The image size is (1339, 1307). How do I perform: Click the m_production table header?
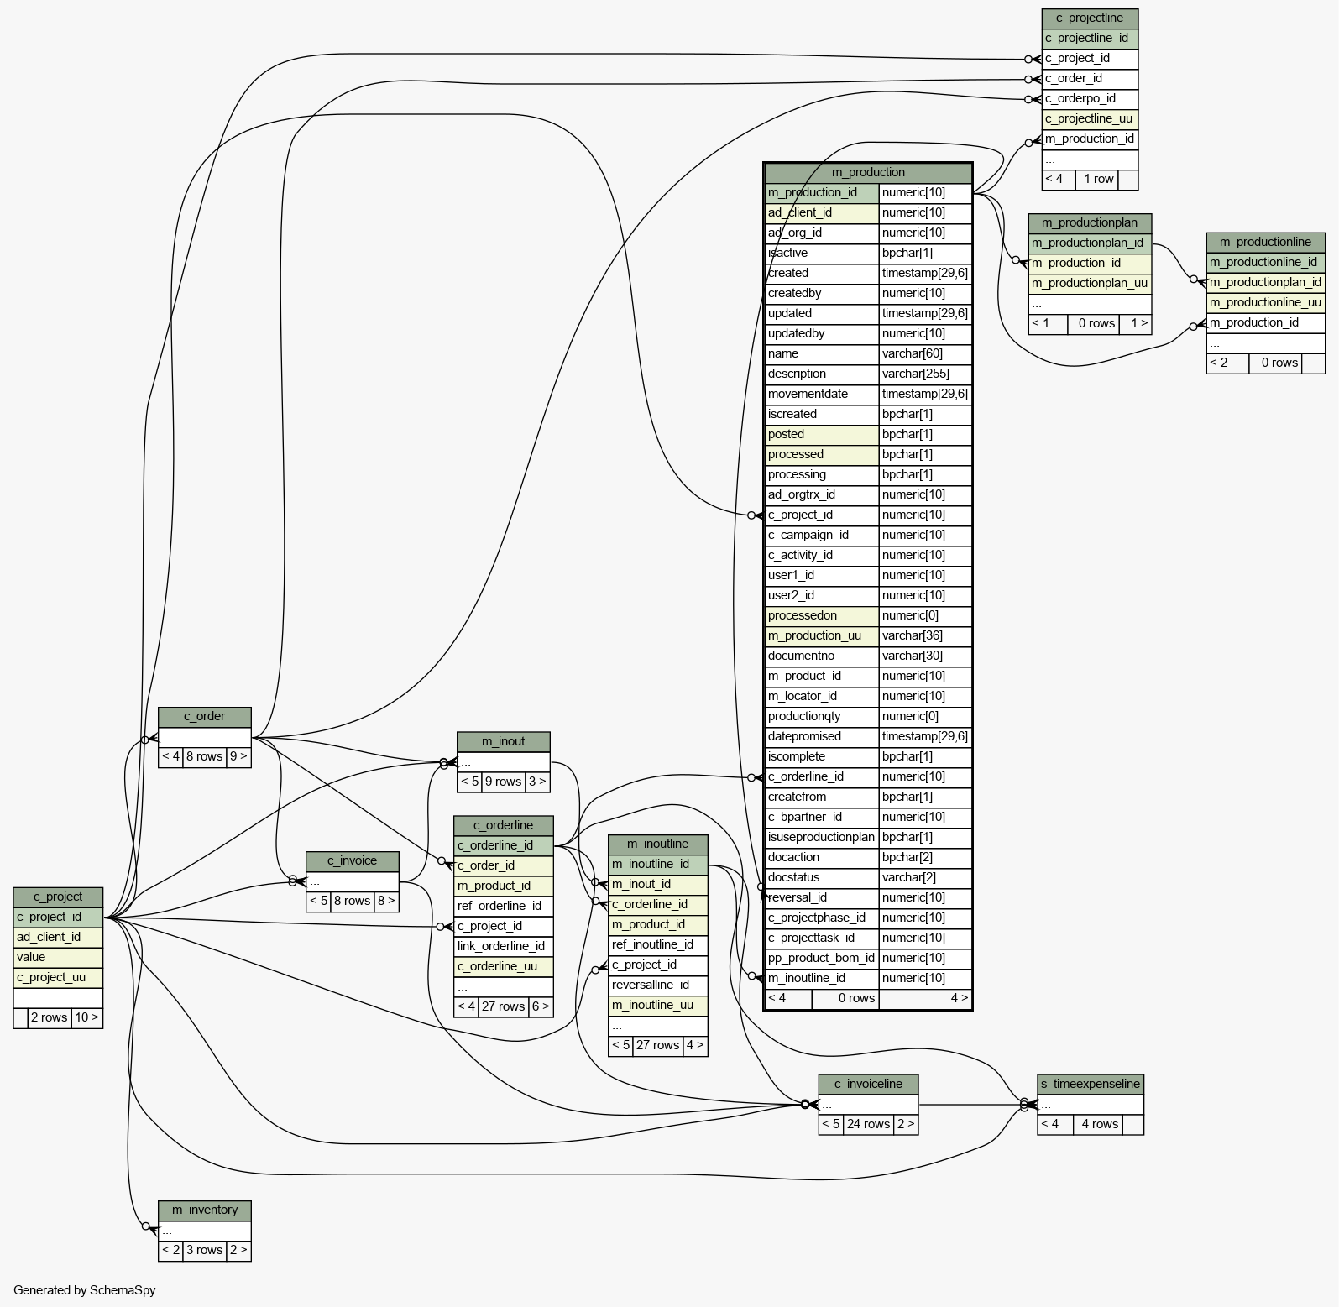point(868,172)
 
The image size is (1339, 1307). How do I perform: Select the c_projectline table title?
point(1090,18)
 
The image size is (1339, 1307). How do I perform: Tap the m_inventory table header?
point(205,1210)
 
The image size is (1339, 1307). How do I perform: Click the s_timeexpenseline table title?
point(1091,1084)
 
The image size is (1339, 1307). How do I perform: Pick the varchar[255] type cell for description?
point(925,374)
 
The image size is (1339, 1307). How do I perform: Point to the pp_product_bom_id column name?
point(822,958)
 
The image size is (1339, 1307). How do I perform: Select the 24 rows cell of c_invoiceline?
point(868,1124)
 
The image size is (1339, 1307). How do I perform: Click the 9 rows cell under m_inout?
point(504,782)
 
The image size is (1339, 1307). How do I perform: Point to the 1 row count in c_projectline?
point(1098,179)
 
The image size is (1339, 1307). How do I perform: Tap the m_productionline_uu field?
point(1266,302)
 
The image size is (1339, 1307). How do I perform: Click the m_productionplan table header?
point(1090,222)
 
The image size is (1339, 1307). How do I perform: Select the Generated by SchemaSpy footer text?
point(85,1290)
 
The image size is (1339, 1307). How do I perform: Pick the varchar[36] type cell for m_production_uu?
point(925,635)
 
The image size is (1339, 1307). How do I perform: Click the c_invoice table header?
point(353,860)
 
